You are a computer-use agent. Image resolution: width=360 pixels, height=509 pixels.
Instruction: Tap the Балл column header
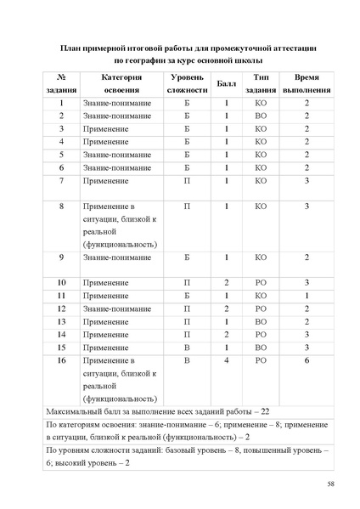tap(227, 82)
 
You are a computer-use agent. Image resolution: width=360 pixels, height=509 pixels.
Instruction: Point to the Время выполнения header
tap(307, 82)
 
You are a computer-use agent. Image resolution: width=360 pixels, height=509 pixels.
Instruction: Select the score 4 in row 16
tap(227, 360)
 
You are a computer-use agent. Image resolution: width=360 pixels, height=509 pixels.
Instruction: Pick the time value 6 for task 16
tap(307, 360)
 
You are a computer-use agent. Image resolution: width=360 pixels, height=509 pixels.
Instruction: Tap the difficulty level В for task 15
tap(187, 348)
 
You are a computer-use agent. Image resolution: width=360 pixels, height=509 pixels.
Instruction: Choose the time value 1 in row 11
tap(307, 295)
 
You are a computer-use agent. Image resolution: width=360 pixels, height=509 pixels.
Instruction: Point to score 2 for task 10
tap(227, 281)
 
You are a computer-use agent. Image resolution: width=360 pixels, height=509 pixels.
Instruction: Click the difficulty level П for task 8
tap(187, 206)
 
